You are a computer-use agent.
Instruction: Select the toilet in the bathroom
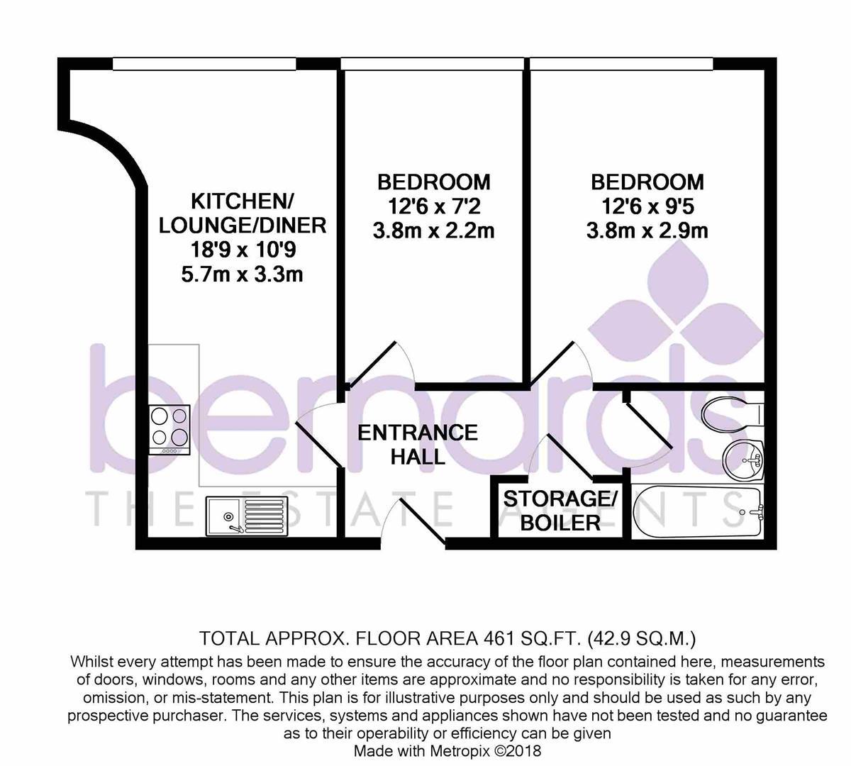[x=730, y=410]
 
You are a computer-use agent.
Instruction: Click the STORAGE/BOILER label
[x=560, y=511]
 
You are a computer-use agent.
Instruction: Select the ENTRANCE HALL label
[x=417, y=444]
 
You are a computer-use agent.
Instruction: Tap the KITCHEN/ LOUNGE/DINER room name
[x=242, y=212]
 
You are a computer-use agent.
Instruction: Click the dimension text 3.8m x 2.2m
[x=433, y=231]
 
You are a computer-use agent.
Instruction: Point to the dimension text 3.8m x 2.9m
[x=647, y=231]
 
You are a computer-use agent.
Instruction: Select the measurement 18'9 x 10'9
[x=242, y=250]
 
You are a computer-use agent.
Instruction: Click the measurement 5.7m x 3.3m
[x=242, y=274]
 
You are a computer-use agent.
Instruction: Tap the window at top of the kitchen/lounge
[x=204, y=65]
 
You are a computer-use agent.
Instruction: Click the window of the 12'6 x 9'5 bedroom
[x=621, y=65]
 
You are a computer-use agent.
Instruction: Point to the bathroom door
[x=647, y=422]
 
